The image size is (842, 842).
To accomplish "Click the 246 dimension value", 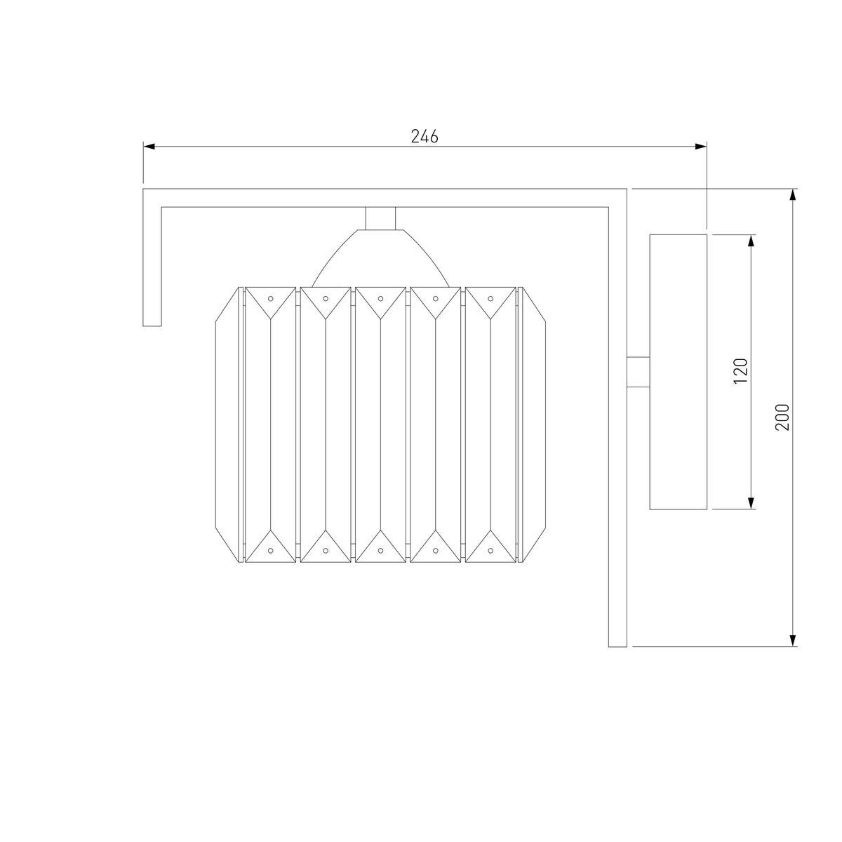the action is click(425, 137).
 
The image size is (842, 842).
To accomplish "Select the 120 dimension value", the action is click(741, 371).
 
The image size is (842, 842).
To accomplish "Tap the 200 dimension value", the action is click(782, 417).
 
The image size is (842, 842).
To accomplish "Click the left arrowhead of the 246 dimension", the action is click(149, 147).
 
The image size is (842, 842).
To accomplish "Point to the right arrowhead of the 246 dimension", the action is click(701, 147).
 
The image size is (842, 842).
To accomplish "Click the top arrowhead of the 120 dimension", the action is click(751, 241).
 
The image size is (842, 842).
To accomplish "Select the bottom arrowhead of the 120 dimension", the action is click(751, 503).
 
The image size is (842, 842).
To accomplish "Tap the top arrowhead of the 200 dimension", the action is click(794, 195).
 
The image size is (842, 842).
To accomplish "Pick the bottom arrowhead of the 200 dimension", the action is click(794, 640).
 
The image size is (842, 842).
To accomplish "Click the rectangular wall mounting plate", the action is click(678, 372).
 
